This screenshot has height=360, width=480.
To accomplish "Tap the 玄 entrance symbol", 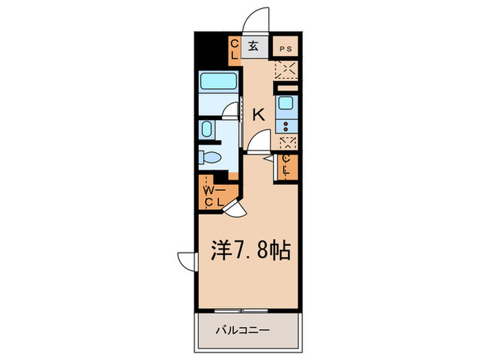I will [x=253, y=47].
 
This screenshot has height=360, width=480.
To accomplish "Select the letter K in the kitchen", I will [x=259, y=115].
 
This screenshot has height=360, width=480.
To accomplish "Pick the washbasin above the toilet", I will [x=208, y=130].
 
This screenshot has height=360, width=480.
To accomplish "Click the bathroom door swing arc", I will [x=234, y=110].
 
